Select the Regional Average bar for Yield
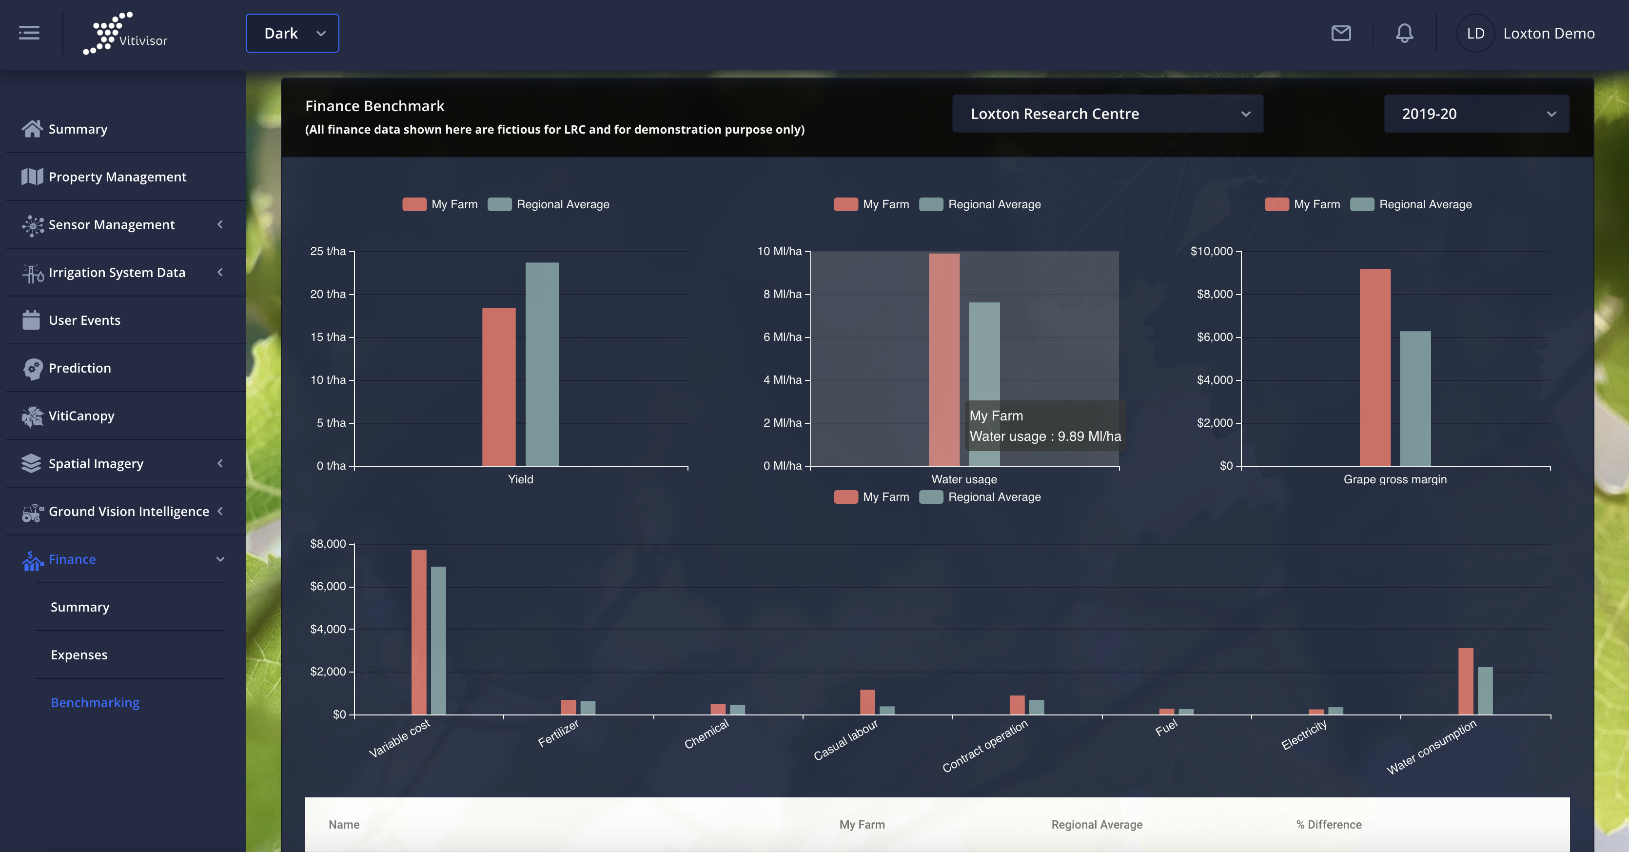click(542, 364)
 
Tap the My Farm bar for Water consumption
click(1465, 681)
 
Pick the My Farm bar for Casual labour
click(867, 702)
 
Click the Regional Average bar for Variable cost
click(438, 640)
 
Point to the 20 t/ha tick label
click(328, 294)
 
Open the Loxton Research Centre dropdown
click(1108, 114)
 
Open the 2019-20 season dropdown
click(1476, 114)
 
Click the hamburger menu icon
click(29, 33)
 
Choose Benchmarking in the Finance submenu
click(95, 703)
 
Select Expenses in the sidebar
click(79, 654)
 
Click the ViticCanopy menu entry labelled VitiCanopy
click(81, 416)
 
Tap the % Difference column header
click(1329, 825)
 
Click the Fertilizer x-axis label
click(558, 733)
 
